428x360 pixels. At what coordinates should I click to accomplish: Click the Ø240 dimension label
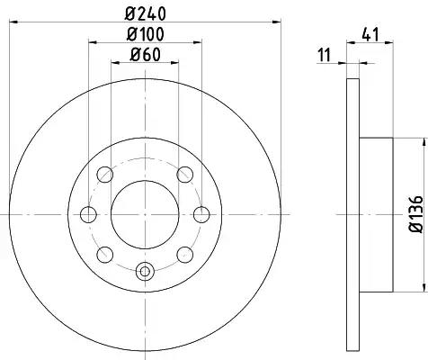pos(145,13)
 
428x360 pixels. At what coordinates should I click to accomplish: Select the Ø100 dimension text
pos(145,34)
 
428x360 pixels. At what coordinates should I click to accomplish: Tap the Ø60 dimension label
pos(145,55)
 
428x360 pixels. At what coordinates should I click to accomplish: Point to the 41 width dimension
pos(370,34)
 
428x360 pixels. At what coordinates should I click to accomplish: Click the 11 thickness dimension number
pos(324,55)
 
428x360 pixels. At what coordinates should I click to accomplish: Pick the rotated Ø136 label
pos(416,214)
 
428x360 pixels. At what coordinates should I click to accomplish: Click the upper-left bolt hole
pos(105,175)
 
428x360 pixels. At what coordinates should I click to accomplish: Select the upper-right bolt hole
pos(185,175)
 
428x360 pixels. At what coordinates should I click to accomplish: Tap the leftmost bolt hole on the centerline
pos(88,214)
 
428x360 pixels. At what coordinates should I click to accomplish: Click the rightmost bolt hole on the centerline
pos(201,214)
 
